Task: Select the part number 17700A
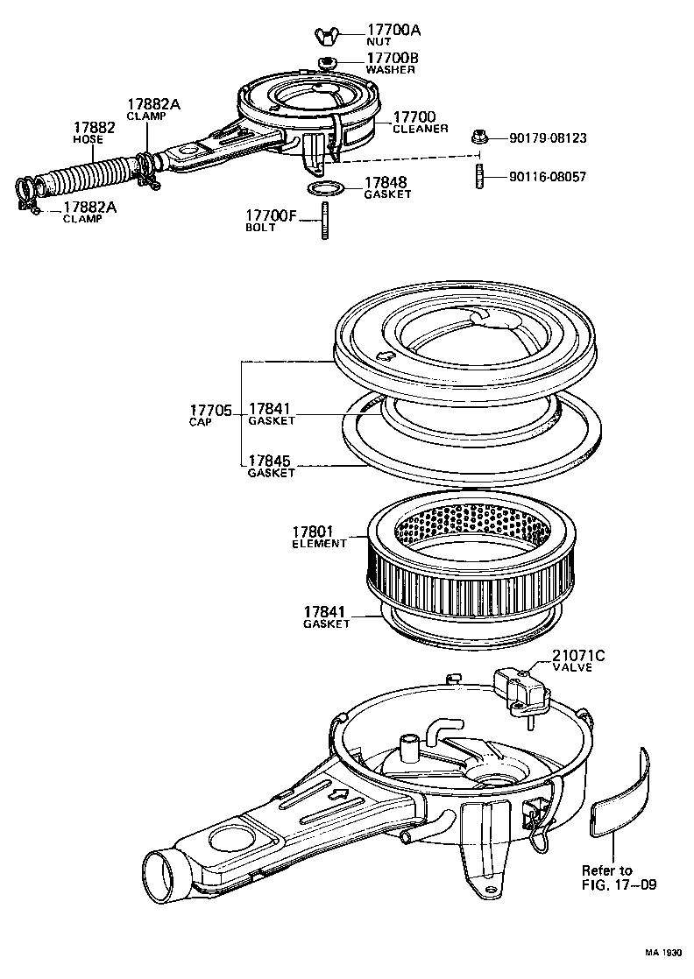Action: click(393, 30)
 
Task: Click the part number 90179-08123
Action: click(548, 138)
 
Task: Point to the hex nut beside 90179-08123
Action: click(478, 137)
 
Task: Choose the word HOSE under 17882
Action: click(88, 139)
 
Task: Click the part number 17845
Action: click(271, 461)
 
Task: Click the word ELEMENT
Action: click(319, 544)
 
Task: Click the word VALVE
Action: click(572, 667)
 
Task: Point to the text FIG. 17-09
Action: click(618, 884)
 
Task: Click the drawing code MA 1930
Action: click(663, 953)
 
